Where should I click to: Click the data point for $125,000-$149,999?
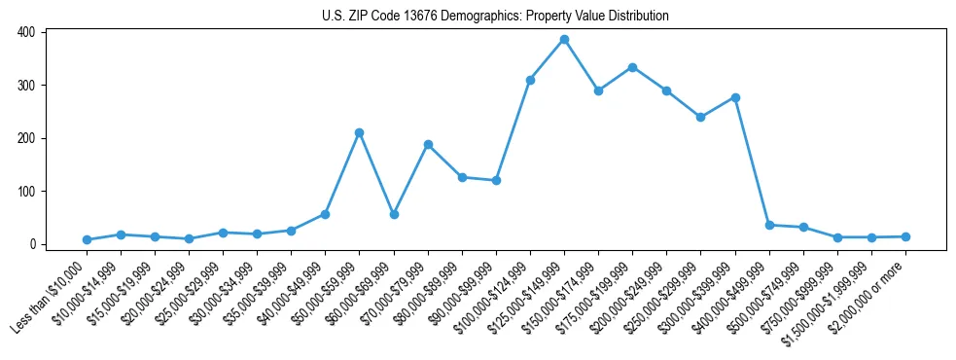tap(564, 40)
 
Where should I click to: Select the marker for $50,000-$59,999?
tap(359, 132)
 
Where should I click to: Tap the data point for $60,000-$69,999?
tap(393, 214)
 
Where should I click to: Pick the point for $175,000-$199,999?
tap(632, 67)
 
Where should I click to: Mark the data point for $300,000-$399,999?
tap(735, 97)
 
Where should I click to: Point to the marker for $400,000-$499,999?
tap(769, 225)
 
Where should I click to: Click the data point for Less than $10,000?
tap(87, 239)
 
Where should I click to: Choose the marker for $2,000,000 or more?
tap(905, 236)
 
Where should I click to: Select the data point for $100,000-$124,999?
tap(530, 80)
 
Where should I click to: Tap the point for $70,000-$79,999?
tap(428, 144)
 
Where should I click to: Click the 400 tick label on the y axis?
tap(26, 32)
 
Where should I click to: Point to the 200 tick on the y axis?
tap(26, 138)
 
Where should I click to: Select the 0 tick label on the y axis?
tap(32, 244)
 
